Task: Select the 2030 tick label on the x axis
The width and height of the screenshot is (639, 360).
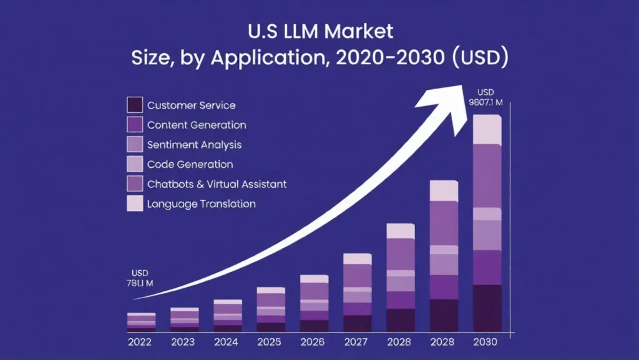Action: point(487,342)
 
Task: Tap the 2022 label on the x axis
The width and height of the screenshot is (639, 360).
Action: point(141,342)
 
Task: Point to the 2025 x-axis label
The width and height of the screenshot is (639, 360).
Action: point(270,342)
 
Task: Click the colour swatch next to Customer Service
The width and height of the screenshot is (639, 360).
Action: point(135,105)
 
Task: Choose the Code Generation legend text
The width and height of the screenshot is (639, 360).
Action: point(190,165)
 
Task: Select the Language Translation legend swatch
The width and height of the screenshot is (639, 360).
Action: point(135,203)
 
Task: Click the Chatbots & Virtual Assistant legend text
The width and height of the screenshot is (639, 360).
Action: point(217,184)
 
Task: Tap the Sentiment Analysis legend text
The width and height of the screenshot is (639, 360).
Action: point(194,145)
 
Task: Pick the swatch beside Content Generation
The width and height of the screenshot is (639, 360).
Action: point(135,125)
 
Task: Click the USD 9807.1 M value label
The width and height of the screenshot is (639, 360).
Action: point(487,97)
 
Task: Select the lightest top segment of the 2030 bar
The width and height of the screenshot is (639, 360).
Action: point(487,130)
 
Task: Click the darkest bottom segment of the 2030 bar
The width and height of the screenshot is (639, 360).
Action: point(487,308)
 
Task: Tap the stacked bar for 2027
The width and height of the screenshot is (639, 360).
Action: point(358,293)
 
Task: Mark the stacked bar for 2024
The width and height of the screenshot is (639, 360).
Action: point(228,316)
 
